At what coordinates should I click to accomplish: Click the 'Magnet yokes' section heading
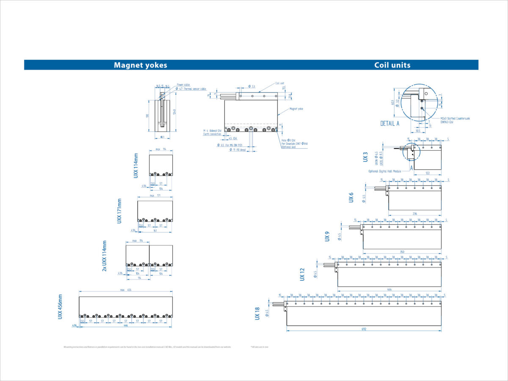(x=140, y=65)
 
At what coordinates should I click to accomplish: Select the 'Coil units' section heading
(x=392, y=65)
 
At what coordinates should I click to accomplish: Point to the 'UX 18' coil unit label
(x=257, y=314)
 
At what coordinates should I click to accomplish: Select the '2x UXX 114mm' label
(x=105, y=256)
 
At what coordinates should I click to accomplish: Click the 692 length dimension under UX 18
(x=364, y=329)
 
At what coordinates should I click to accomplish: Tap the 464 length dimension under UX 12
(x=389, y=290)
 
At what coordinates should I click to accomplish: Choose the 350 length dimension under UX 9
(x=402, y=251)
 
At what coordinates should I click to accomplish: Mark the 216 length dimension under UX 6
(x=415, y=213)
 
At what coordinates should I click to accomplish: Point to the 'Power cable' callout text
(x=183, y=85)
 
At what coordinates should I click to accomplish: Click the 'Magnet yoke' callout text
(x=296, y=109)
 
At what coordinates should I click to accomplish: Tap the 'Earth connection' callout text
(x=212, y=134)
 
